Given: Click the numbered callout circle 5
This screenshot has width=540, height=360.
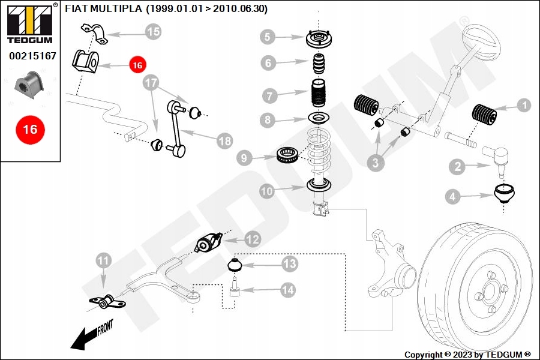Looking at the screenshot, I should point(268,37).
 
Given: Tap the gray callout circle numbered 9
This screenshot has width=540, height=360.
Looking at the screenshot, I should point(243,158).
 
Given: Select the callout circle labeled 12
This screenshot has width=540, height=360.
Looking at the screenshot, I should point(252,239).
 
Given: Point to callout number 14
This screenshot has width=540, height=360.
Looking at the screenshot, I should point(288,290).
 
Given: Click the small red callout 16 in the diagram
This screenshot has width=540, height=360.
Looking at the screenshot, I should point(137,64).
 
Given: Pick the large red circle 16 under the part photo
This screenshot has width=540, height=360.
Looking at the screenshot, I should point(29,129).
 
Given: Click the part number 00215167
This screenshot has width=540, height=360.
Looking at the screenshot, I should point(32,56).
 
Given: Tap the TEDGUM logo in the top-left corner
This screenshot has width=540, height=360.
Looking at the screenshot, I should point(29,23).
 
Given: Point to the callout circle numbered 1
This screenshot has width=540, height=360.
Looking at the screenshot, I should point(523,105).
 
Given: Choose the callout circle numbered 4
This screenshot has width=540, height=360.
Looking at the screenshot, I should point(452,196).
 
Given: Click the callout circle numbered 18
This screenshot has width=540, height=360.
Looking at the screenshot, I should point(224,141).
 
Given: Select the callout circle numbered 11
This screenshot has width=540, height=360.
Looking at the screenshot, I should point(104,260).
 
